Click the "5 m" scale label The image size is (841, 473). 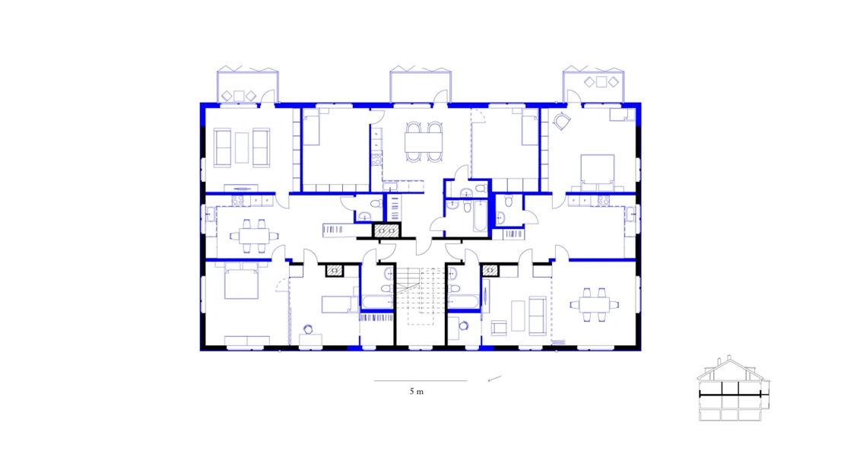coord(415,392)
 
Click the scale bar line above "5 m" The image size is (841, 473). coord(420,381)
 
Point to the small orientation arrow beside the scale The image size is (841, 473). coord(494,378)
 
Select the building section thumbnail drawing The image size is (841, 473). coord(735,389)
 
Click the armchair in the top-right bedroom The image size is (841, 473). coord(562,121)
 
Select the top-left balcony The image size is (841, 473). coord(247,87)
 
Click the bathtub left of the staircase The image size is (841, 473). coord(377,303)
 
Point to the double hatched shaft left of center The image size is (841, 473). coord(386,232)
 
